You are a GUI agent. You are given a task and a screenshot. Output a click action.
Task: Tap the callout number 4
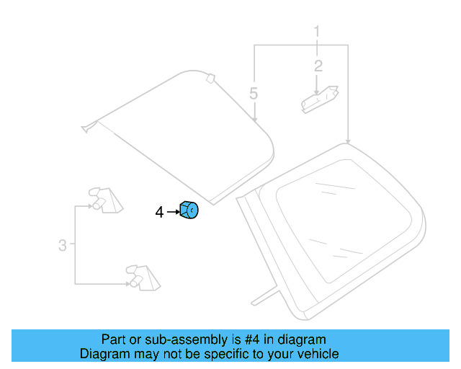pos(159,212)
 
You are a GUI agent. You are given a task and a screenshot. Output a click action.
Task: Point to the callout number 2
pos(318,66)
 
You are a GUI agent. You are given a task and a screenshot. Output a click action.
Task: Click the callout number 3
pos(63,246)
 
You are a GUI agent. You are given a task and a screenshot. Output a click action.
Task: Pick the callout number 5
pos(253,93)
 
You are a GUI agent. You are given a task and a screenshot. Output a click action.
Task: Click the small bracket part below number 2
pos(319,99)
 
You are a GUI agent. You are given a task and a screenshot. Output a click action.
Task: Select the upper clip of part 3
pos(102,200)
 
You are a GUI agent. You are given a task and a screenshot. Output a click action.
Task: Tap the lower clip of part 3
pos(141,276)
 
